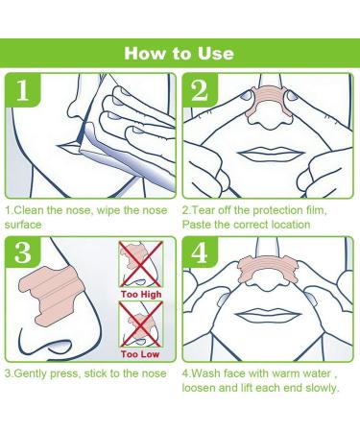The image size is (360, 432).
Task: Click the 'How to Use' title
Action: pyautogui.click(x=180, y=54)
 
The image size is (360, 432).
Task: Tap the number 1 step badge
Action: pyautogui.click(x=22, y=90)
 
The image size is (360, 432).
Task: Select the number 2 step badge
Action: pyautogui.click(x=200, y=90)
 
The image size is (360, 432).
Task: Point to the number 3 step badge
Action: pyautogui.click(x=22, y=253)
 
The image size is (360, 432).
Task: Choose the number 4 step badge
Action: pyautogui.click(x=200, y=253)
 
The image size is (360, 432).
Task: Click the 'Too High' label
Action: pyautogui.click(x=141, y=294)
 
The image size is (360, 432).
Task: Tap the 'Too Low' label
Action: pyautogui.click(x=140, y=354)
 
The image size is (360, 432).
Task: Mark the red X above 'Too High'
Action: pyautogui.click(x=141, y=264)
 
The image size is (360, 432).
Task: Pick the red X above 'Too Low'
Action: pyautogui.click(x=141, y=324)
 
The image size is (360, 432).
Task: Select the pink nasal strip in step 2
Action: pyautogui.click(x=268, y=102)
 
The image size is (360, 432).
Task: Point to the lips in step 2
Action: pyautogui.click(x=272, y=155)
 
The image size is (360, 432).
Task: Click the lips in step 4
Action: pyautogui.click(x=268, y=316)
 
